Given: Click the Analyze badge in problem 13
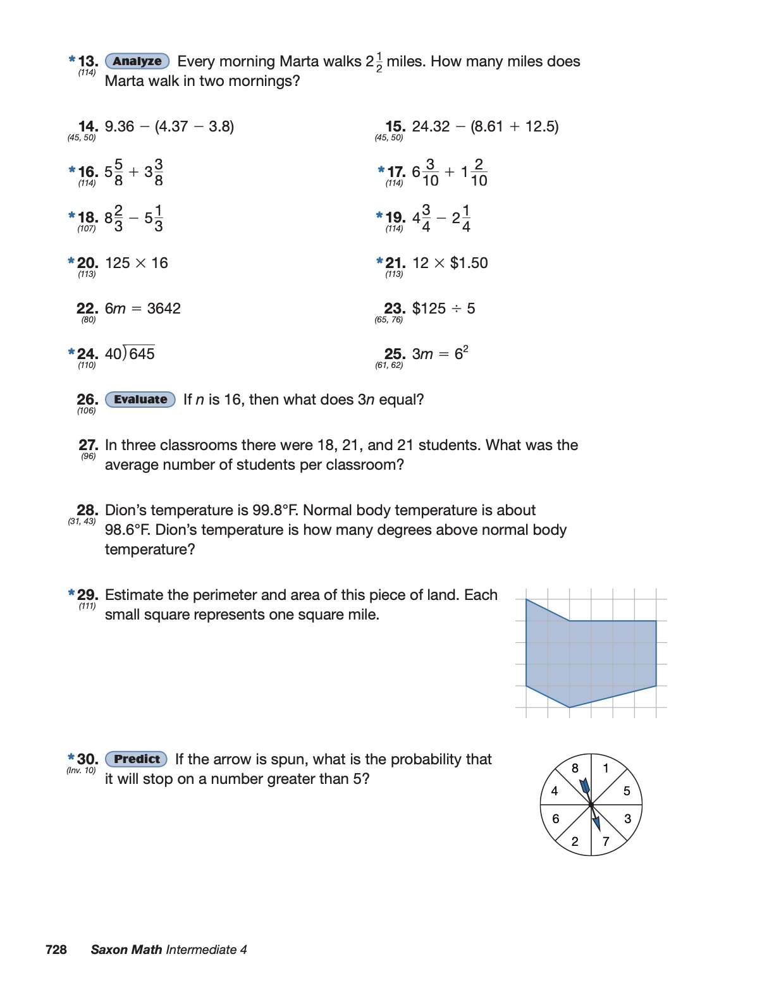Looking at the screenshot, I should [137, 61].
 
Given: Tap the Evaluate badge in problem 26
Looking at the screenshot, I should [140, 400].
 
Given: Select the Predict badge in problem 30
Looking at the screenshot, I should [137, 759].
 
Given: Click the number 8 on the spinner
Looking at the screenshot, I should [575, 768].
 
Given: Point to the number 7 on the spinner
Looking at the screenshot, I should [606, 841].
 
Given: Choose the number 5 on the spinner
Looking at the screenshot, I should [627, 791].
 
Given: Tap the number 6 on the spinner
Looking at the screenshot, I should [556, 819].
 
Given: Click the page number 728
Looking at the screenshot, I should [56, 950].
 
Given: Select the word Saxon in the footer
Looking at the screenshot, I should [109, 950].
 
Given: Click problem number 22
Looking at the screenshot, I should [87, 309].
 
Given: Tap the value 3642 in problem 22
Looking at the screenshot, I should [164, 309].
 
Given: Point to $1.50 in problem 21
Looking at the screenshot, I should [469, 263].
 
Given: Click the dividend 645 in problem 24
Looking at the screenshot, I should [142, 354].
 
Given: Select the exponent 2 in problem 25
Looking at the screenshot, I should [466, 348].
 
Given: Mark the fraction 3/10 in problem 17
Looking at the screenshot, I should [431, 173].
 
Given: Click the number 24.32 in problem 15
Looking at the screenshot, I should [431, 126].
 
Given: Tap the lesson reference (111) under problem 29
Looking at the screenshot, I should [87, 606].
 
